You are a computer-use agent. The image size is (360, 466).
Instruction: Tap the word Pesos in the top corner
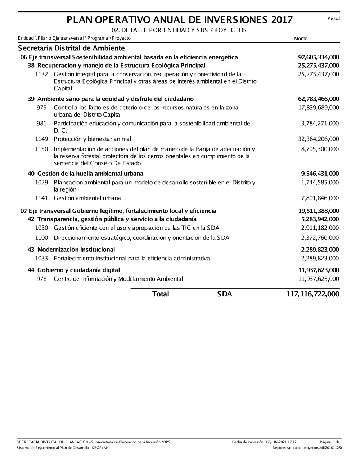tap(334, 18)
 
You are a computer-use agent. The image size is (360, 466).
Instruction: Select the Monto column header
tap(301, 39)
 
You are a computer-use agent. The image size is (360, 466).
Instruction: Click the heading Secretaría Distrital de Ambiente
tap(71, 48)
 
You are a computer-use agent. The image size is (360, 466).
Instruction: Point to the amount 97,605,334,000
tap(319, 57)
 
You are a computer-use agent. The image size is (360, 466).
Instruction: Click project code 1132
tap(41, 74)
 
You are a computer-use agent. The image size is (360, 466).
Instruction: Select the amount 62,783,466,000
tap(319, 99)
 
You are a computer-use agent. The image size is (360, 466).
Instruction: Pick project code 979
tap(41, 108)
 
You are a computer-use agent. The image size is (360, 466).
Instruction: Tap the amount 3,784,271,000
tap(320, 124)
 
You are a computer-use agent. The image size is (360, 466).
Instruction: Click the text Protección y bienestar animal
tap(92, 139)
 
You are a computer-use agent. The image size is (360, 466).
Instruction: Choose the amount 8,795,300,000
tap(320, 149)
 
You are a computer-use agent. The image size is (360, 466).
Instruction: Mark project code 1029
tap(41, 182)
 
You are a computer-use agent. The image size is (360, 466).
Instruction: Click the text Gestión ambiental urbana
tap(87, 198)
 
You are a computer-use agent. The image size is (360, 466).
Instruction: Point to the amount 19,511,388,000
tap(319, 211)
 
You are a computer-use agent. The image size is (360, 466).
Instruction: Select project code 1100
tap(41, 238)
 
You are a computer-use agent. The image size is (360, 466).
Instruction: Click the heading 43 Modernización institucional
tap(71, 250)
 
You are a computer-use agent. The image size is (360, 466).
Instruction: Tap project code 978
tap(41, 279)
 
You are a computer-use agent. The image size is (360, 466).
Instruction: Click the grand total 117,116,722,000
tap(312, 294)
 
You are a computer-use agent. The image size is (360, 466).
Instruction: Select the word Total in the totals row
tap(161, 294)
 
